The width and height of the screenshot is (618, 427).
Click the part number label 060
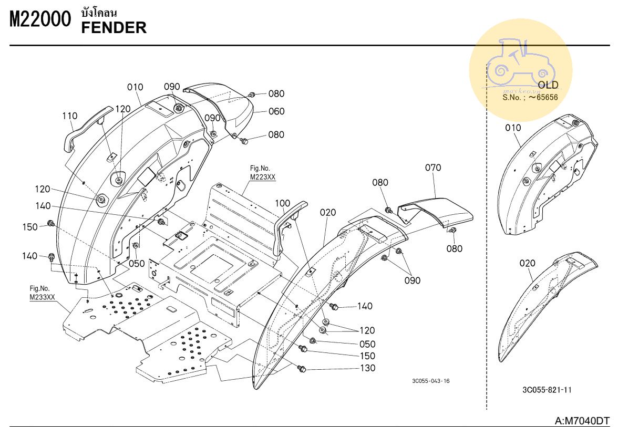tap(276, 111)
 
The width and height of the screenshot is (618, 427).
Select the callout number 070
tap(433, 168)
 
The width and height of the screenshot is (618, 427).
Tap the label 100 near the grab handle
tap(282, 203)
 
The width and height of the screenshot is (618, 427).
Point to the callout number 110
tap(69, 116)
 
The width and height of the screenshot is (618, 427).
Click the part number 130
tap(368, 368)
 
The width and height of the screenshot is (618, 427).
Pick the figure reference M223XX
tap(263, 177)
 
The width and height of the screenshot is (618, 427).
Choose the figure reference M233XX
tap(42, 297)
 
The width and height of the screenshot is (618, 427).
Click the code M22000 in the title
tap(40, 20)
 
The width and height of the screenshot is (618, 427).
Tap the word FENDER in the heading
tap(114, 28)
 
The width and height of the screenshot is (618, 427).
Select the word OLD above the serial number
tap(548, 85)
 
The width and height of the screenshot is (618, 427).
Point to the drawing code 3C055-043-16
tap(431, 381)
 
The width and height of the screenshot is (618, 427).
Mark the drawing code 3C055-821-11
tap(547, 390)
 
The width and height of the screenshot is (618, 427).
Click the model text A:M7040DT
tap(582, 421)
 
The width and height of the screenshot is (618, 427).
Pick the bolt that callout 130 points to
tap(302, 369)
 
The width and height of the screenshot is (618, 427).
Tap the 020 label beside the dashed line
tap(527, 264)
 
